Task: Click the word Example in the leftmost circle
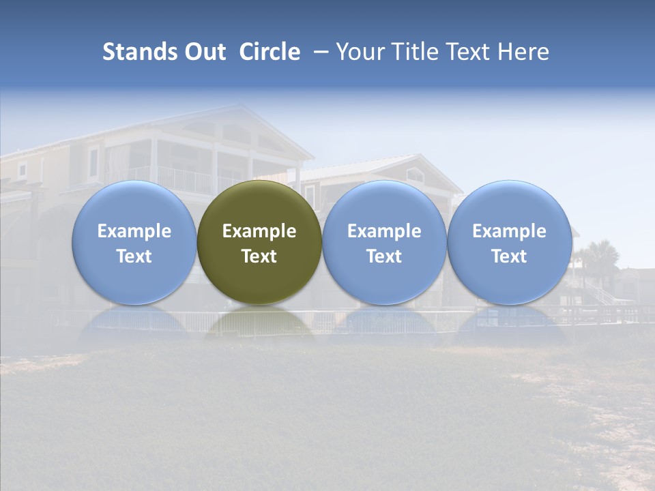click(134, 231)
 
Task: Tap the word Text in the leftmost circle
click(134, 256)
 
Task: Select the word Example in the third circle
click(384, 231)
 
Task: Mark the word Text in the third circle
click(384, 256)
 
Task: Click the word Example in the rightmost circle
click(509, 231)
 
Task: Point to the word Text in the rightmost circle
click(509, 256)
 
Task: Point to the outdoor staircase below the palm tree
click(600, 295)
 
